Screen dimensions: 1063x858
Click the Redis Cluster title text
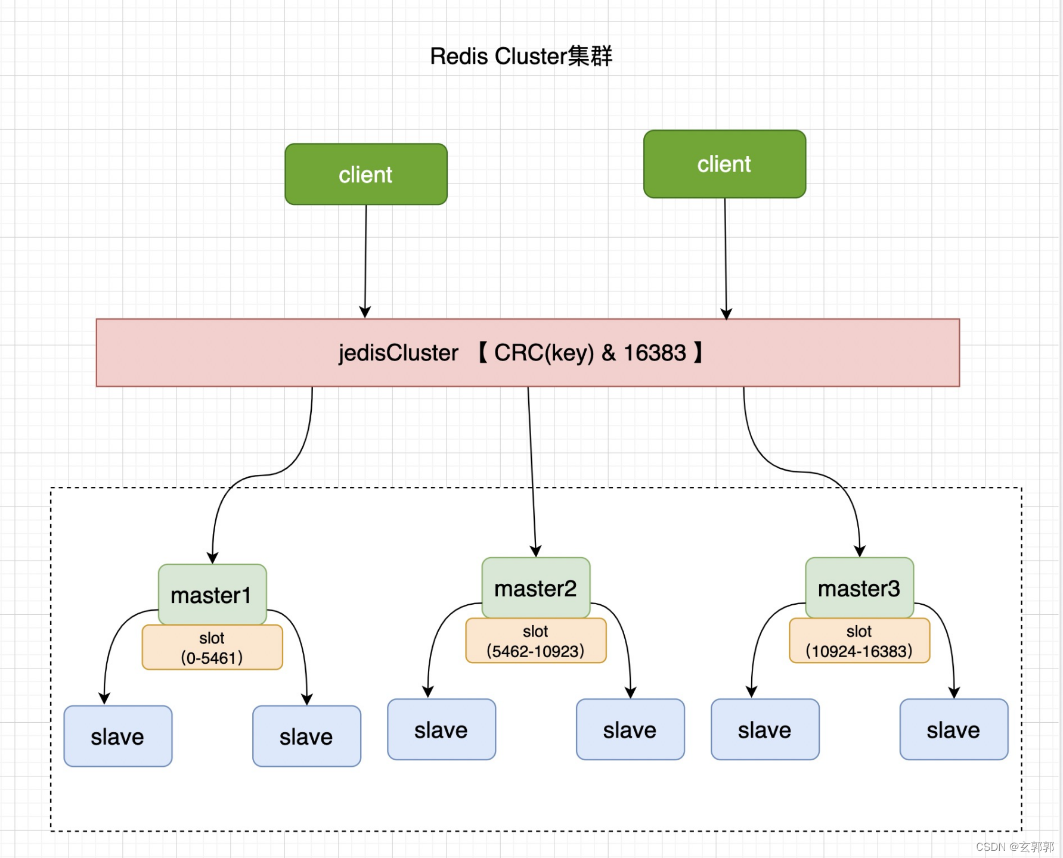(x=521, y=56)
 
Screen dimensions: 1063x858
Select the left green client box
(x=366, y=174)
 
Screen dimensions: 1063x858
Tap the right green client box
(x=724, y=164)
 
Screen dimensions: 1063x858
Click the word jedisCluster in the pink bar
(x=398, y=353)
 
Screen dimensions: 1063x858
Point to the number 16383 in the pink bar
(x=655, y=353)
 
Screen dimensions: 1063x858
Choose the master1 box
(x=212, y=595)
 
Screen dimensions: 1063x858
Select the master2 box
(x=536, y=588)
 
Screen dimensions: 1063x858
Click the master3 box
(x=859, y=588)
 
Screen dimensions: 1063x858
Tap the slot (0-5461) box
(x=212, y=648)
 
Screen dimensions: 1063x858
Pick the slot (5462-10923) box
(x=536, y=641)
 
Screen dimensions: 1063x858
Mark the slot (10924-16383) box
(x=859, y=641)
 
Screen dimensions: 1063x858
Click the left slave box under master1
(x=118, y=736)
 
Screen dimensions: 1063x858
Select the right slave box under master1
(x=306, y=736)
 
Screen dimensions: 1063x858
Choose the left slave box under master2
(x=442, y=730)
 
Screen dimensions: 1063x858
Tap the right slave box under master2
(x=630, y=730)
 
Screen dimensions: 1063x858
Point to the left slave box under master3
(x=765, y=730)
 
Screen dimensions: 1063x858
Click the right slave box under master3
(x=954, y=730)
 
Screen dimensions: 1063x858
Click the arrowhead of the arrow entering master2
(x=536, y=552)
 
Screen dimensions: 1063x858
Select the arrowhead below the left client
(x=365, y=312)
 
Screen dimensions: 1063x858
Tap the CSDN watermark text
(x=1015, y=847)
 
